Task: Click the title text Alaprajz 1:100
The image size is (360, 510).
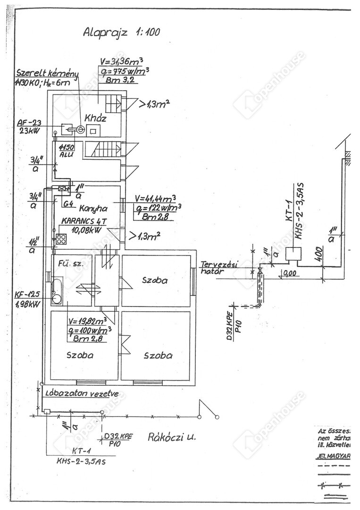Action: click(121, 32)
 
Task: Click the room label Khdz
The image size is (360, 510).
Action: click(95, 118)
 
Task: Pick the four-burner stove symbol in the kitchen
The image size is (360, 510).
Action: click(61, 239)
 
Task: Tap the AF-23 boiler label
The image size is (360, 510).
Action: click(30, 123)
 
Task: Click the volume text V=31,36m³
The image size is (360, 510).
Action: click(125, 61)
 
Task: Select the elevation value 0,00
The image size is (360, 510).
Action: click(290, 273)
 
